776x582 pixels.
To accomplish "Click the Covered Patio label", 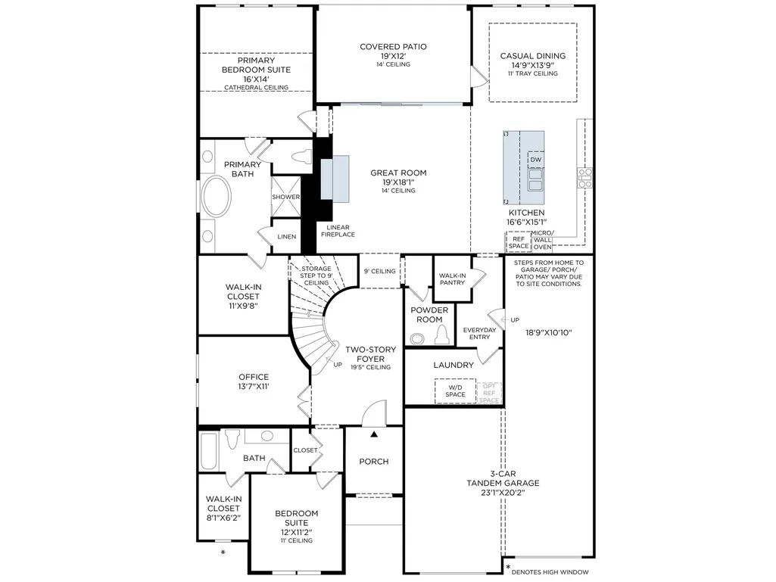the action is pos(393,46).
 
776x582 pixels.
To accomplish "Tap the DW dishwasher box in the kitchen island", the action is pos(536,160).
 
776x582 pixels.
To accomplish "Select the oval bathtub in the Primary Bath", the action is pos(217,196).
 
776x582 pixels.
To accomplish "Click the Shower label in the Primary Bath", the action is pos(285,197).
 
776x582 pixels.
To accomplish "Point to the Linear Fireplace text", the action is pos(338,231).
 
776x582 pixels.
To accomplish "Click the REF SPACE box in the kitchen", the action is pos(518,242).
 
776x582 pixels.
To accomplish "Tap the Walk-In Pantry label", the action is pos(452,279).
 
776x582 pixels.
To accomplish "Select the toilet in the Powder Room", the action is pos(442,335).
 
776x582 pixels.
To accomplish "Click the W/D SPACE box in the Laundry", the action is pos(455,391).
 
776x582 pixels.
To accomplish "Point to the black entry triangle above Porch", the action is pos(374,434).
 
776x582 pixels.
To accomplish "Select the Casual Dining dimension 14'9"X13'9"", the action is pos(532,65).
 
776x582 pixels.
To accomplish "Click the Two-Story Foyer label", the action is pos(371,354).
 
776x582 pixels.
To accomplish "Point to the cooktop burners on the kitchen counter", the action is pos(585,178).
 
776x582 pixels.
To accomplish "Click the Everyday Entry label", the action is pos(479,334).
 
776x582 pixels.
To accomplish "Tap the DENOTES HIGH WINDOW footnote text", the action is pos(550,572).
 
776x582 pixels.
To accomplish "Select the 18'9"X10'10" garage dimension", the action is pos(549,332).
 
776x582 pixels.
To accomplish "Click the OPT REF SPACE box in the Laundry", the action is pos(489,393).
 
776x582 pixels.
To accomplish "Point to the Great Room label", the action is pos(398,173).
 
